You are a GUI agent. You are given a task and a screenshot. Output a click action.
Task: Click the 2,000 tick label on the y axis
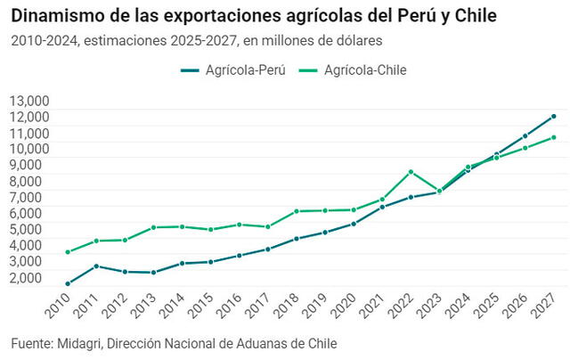click(x=28, y=277)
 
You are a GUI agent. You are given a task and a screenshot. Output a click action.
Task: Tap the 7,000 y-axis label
click(x=28, y=197)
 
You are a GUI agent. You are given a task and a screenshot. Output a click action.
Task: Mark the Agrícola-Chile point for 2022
click(x=411, y=172)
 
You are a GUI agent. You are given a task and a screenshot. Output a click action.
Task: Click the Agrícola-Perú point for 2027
click(x=554, y=117)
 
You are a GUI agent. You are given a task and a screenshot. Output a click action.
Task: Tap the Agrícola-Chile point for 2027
click(x=554, y=137)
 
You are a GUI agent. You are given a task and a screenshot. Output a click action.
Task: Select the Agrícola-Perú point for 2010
click(x=68, y=284)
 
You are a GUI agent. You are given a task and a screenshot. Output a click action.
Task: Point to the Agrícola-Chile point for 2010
click(x=68, y=252)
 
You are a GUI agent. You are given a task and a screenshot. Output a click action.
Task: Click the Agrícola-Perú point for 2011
click(x=96, y=266)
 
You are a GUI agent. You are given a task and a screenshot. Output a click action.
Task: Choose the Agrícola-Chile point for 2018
click(x=297, y=211)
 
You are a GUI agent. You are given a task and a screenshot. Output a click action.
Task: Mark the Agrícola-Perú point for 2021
click(x=382, y=207)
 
